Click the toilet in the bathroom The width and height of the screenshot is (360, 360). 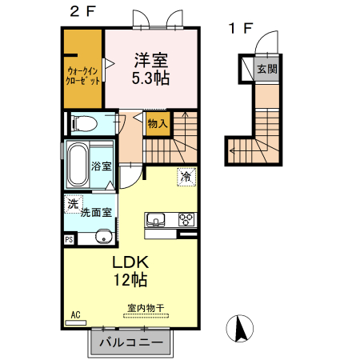point(84,123)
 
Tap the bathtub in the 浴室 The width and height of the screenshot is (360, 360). point(78,165)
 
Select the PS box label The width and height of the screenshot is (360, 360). point(69,239)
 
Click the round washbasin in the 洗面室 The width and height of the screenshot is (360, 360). point(104,237)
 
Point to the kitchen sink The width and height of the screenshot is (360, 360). point(155,220)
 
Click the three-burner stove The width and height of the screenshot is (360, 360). point(186,220)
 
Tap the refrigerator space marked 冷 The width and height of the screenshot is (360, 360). point(186,177)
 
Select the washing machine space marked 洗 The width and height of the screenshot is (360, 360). point(74,204)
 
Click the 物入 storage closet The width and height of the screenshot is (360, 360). point(158,124)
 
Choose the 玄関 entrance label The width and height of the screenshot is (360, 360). point(267,69)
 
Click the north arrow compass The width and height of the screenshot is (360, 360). point(240,328)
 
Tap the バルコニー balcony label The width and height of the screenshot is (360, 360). point(131,342)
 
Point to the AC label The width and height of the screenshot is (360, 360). point(75,315)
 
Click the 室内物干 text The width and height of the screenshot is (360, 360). point(146,308)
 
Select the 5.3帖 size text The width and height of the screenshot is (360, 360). point(150,78)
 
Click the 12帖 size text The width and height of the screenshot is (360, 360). point(130,279)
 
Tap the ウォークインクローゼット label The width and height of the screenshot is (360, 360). point(83,76)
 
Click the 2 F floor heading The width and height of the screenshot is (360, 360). point(82,11)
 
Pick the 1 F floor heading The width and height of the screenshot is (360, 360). point(241,28)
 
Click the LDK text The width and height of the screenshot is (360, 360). point(130,262)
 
